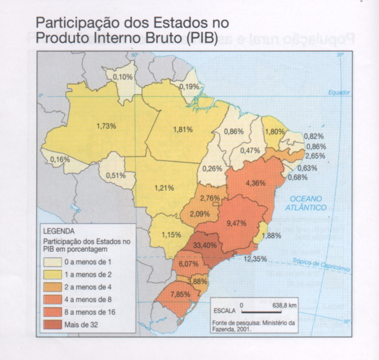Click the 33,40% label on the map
tap(204, 245)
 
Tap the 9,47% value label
tap(237, 223)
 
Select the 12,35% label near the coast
tap(255, 259)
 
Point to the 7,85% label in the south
tap(181, 294)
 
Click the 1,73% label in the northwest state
tap(106, 126)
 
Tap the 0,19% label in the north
tap(190, 87)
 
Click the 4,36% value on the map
tap(256, 183)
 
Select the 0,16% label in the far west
tap(60, 159)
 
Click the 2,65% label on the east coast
tap(314, 155)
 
